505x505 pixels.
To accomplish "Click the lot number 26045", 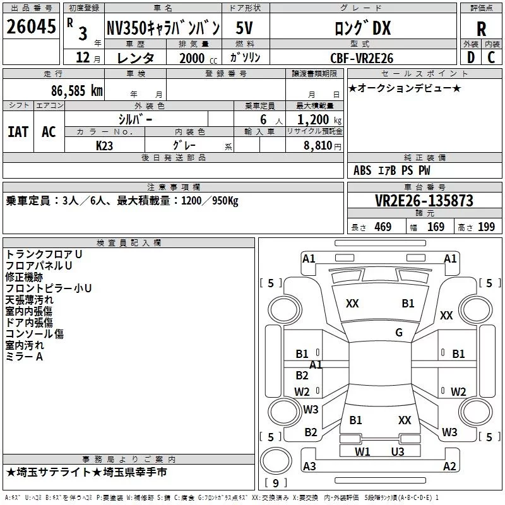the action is [x=30, y=28].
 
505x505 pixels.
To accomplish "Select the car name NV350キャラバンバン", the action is [x=163, y=28].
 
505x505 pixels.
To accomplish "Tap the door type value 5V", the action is [x=246, y=28].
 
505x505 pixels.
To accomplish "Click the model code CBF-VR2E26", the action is [x=361, y=58].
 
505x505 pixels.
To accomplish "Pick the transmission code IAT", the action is [x=18, y=131].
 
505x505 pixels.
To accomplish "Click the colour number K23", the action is [x=104, y=145].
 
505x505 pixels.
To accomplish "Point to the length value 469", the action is [x=383, y=227].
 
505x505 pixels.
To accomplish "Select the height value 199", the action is [x=486, y=227].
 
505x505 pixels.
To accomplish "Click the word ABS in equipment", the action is [x=362, y=170].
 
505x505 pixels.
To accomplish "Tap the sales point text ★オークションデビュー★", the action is [x=405, y=88].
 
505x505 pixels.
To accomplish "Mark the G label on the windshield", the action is [x=399, y=333].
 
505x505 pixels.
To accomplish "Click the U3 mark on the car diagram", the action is [x=398, y=451].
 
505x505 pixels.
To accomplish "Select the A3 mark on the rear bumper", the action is [x=309, y=466].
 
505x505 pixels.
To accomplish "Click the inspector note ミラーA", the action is [x=24, y=357].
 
